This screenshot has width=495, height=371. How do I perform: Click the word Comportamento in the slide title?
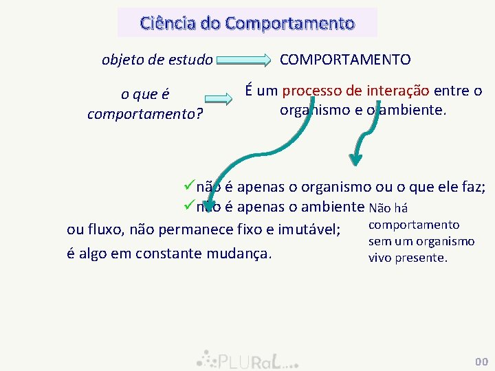(x=289, y=23)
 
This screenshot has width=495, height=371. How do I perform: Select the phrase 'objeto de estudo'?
(x=157, y=60)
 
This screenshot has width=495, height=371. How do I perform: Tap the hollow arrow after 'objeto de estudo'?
(x=244, y=60)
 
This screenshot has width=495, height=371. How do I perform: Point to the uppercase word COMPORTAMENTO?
(x=345, y=60)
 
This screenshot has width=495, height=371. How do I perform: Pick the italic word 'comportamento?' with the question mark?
(x=144, y=112)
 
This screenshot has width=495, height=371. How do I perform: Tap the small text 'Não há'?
(x=388, y=207)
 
